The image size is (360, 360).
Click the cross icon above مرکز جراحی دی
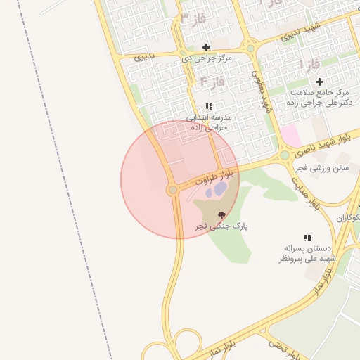point(206,47)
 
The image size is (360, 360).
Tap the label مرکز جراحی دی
point(205,58)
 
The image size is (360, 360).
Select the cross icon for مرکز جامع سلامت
point(319,82)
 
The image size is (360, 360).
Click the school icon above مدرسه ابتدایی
point(209,106)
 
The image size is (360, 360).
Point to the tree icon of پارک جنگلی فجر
point(221,216)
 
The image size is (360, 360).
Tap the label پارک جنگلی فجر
point(222,226)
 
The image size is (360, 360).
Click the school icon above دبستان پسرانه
point(307,238)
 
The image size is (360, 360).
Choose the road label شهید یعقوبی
point(266,91)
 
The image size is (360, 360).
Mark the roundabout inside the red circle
point(173,190)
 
